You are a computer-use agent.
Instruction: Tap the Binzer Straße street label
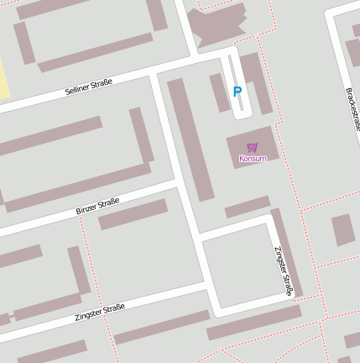tap(97, 206)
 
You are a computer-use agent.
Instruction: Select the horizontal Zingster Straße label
tap(99, 313)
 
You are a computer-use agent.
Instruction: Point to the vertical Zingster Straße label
tap(283, 271)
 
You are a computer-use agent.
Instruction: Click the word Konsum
tap(253, 158)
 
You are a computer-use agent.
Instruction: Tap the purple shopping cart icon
tap(253, 147)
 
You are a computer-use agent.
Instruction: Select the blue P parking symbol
tap(237, 92)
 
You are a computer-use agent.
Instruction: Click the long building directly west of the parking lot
tap(190, 139)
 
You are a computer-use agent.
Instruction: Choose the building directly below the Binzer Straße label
tap(133, 214)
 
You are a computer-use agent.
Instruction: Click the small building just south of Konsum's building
tap(248, 207)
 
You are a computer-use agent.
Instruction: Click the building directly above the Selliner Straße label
tap(95, 52)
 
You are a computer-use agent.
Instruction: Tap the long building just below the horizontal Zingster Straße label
tap(161, 327)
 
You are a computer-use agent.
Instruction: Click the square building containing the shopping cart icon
tap(253, 146)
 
